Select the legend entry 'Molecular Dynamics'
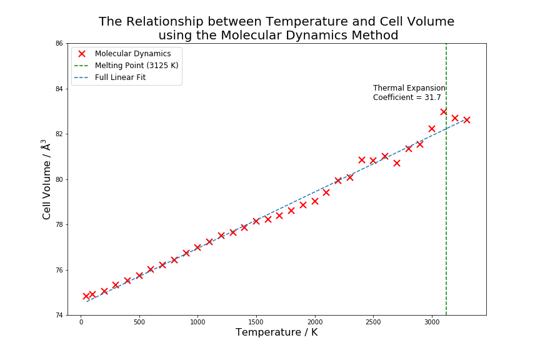(132, 54)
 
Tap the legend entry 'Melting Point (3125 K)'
(136, 66)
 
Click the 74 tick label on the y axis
(59, 316)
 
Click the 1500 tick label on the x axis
(256, 322)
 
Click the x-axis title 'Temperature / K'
(276, 332)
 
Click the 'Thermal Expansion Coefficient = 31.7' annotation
(409, 93)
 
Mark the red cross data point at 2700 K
(397, 163)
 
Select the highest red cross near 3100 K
(444, 112)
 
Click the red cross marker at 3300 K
(467, 120)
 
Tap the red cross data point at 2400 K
(362, 160)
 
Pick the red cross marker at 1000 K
(197, 247)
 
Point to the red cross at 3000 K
(432, 129)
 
